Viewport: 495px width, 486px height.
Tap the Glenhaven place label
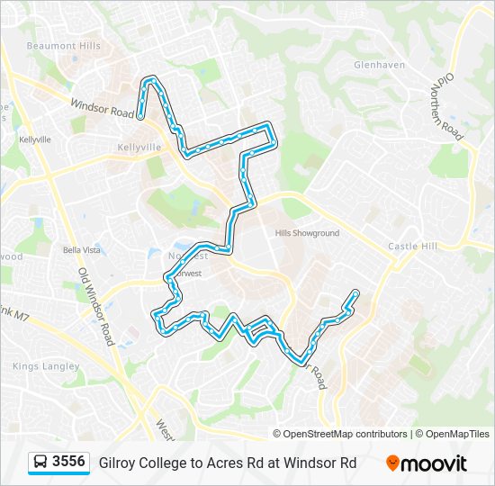[x=380, y=65]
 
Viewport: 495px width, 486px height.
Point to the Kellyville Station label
[x=139, y=147]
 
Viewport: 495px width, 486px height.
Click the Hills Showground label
[x=307, y=232]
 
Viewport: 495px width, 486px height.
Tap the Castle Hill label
[x=412, y=246]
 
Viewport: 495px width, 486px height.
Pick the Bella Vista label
[x=81, y=249]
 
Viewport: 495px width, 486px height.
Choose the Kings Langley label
[x=46, y=366]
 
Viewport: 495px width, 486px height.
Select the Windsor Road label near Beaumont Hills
[x=102, y=109]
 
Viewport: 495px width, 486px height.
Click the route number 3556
[x=69, y=462]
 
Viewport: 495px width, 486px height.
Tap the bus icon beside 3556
[x=40, y=463]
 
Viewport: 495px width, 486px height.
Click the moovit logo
[x=427, y=463]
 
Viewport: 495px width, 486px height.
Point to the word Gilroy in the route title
[x=118, y=463]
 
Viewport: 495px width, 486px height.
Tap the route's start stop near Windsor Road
[x=141, y=115]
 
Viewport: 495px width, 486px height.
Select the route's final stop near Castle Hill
[x=356, y=292]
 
